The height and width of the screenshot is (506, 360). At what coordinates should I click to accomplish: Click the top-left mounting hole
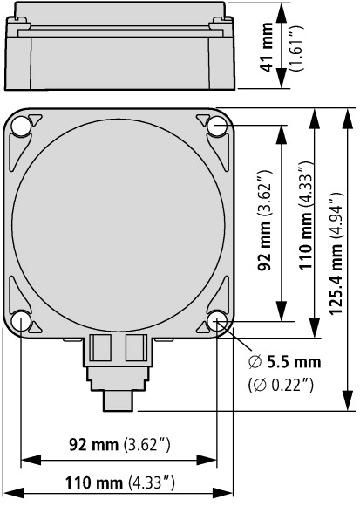[21, 126]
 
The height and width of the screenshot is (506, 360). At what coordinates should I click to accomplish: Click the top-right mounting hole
[216, 126]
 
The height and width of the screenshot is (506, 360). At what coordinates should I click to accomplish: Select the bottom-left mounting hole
[21, 321]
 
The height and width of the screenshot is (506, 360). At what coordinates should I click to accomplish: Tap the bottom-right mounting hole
[216, 321]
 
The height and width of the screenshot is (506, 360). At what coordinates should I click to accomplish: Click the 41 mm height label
[268, 47]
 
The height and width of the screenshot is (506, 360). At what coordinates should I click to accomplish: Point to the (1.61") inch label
[296, 48]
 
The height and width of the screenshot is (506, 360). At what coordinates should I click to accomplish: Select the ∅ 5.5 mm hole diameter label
[285, 362]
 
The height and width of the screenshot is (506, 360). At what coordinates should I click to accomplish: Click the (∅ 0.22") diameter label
[281, 385]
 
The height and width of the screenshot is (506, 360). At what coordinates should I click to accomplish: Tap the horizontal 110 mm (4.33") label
[120, 483]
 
